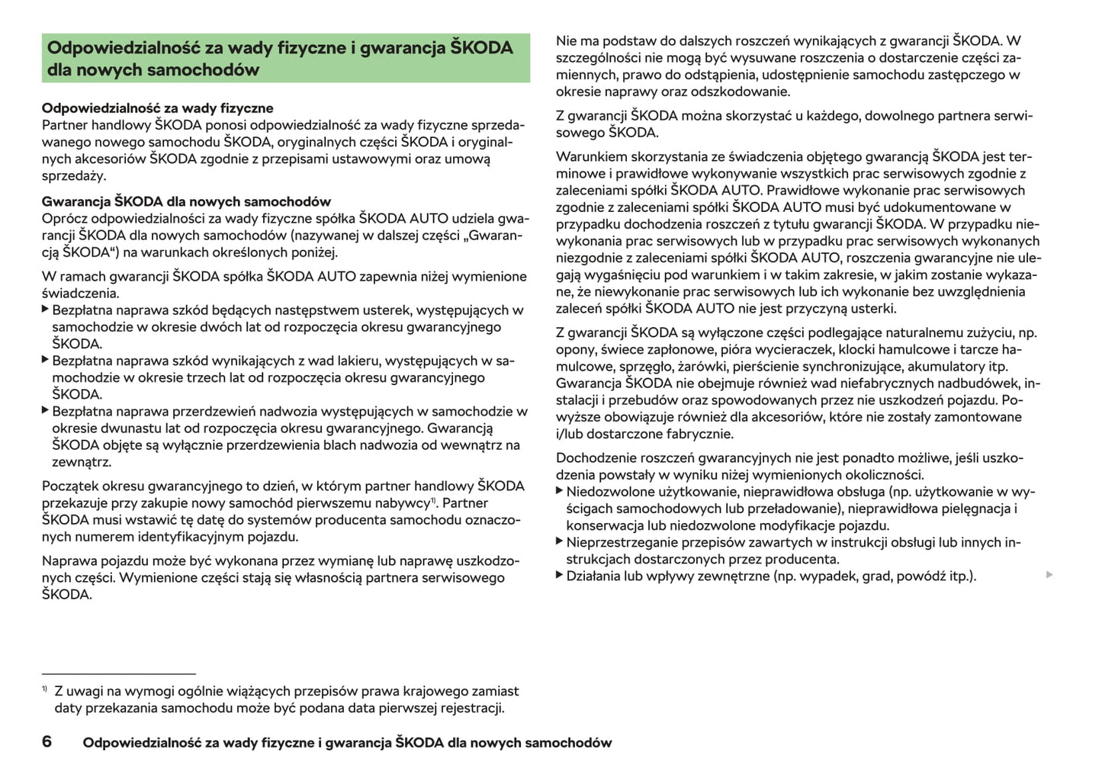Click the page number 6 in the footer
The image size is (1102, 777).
coord(47,742)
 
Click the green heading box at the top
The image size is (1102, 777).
coord(286,58)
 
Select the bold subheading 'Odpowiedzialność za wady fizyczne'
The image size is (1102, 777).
coord(157,108)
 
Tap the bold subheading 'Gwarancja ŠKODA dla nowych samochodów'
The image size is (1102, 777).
coord(186,201)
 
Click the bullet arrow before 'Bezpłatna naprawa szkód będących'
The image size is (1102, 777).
coord(45,310)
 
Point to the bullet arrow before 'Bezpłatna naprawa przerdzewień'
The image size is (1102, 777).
coord(45,411)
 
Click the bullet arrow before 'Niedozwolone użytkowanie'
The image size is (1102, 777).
coord(560,492)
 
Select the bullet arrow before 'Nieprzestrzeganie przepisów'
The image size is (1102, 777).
coord(560,542)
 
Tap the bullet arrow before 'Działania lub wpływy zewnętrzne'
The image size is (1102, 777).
coord(560,576)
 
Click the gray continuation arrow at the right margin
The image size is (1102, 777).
coord(1049,574)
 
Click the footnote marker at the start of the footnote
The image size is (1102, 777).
coord(45,689)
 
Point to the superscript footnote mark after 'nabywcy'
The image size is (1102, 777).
coord(433,500)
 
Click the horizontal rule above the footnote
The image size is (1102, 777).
coord(119,674)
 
